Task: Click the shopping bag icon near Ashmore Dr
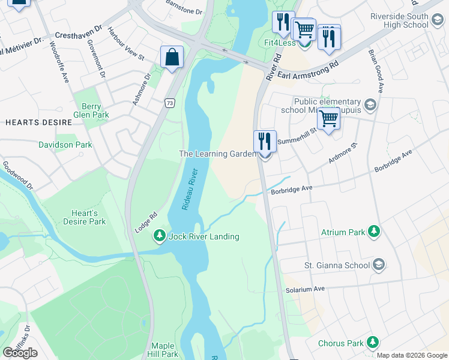pyautogui.click(x=172, y=58)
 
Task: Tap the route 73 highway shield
pyautogui.click(x=170, y=104)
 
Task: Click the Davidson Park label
pyautogui.click(x=65, y=145)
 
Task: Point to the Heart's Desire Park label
pyautogui.click(x=85, y=217)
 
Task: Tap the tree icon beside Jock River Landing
pyautogui.click(x=160, y=236)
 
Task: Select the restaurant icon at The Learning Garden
pyautogui.click(x=265, y=142)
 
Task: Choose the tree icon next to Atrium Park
pyautogui.click(x=374, y=231)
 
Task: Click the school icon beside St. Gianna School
pyautogui.click(x=379, y=264)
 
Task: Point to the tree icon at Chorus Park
pyautogui.click(x=373, y=343)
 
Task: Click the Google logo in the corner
pyautogui.click(x=20, y=353)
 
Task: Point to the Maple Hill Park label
pyautogui.click(x=164, y=350)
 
